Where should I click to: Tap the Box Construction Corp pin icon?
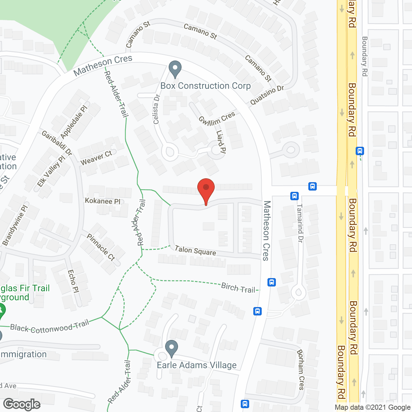click(x=175, y=69)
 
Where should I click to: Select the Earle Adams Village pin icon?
click(x=171, y=348)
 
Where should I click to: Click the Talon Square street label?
click(x=195, y=250)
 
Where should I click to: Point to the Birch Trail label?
click(x=238, y=287)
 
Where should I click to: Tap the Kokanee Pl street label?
click(x=102, y=201)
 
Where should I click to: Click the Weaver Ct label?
click(x=96, y=158)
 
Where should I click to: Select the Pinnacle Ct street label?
click(x=101, y=247)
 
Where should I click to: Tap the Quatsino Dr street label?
click(x=267, y=95)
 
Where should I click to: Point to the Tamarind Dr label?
click(x=300, y=223)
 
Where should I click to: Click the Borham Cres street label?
click(x=301, y=370)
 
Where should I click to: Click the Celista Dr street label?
click(x=156, y=109)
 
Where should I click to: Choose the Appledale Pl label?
click(x=74, y=122)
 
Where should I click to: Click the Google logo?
click(x=22, y=404)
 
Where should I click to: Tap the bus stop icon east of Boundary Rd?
click(x=360, y=151)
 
